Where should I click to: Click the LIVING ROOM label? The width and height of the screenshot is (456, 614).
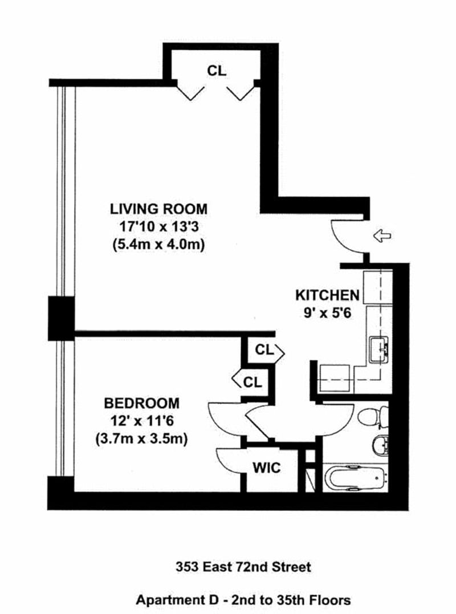(x=158, y=209)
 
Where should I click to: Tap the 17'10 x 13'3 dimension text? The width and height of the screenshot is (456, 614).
(x=158, y=227)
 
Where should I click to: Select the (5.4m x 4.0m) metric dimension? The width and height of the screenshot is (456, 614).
(x=158, y=245)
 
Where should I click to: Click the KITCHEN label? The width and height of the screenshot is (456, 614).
(x=327, y=295)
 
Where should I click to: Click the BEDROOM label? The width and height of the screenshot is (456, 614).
(x=141, y=404)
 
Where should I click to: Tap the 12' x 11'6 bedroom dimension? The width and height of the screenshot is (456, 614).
(x=141, y=422)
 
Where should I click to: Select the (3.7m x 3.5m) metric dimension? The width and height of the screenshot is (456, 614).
(x=141, y=440)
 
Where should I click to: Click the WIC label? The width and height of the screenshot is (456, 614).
(x=266, y=469)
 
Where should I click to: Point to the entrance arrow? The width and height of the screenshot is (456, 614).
(x=381, y=235)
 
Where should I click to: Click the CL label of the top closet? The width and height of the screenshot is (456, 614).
(x=216, y=71)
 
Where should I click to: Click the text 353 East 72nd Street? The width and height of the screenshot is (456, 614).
(x=242, y=567)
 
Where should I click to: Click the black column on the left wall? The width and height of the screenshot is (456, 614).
(x=60, y=318)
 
